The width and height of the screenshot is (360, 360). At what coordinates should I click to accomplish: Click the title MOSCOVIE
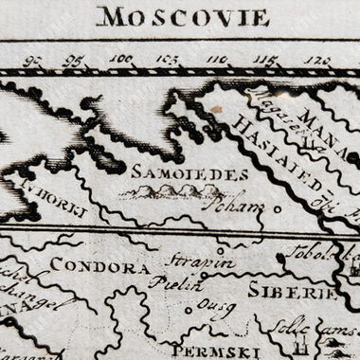183,17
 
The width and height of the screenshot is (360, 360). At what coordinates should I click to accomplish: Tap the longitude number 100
120,59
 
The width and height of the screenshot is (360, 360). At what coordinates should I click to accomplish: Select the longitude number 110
217,59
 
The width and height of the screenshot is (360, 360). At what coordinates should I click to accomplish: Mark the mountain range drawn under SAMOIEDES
171,192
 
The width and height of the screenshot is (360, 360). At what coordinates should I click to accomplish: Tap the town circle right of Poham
278,208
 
